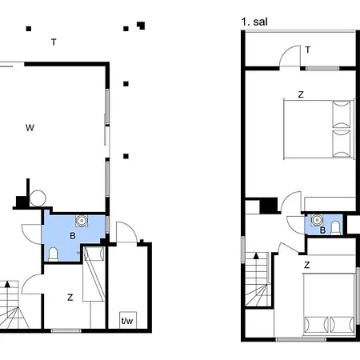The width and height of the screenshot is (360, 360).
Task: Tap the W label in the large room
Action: tap(30, 127)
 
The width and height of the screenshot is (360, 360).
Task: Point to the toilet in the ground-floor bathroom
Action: tap(53, 254)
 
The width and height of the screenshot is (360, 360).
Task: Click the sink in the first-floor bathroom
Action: tap(318, 219)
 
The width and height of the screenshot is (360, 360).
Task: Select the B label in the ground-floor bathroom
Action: tap(72, 237)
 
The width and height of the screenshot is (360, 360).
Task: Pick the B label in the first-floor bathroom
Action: tap(322, 231)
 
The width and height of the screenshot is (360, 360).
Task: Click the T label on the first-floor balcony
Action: tap(307, 50)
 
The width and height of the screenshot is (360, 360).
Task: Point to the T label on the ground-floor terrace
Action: tap(53, 42)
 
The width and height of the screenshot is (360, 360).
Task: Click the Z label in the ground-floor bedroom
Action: tap(70, 298)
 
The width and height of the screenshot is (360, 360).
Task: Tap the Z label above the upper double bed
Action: tap(301, 94)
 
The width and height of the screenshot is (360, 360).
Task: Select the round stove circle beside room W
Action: tap(37, 196)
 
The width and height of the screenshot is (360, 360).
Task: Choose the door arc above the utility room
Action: tap(125, 232)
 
